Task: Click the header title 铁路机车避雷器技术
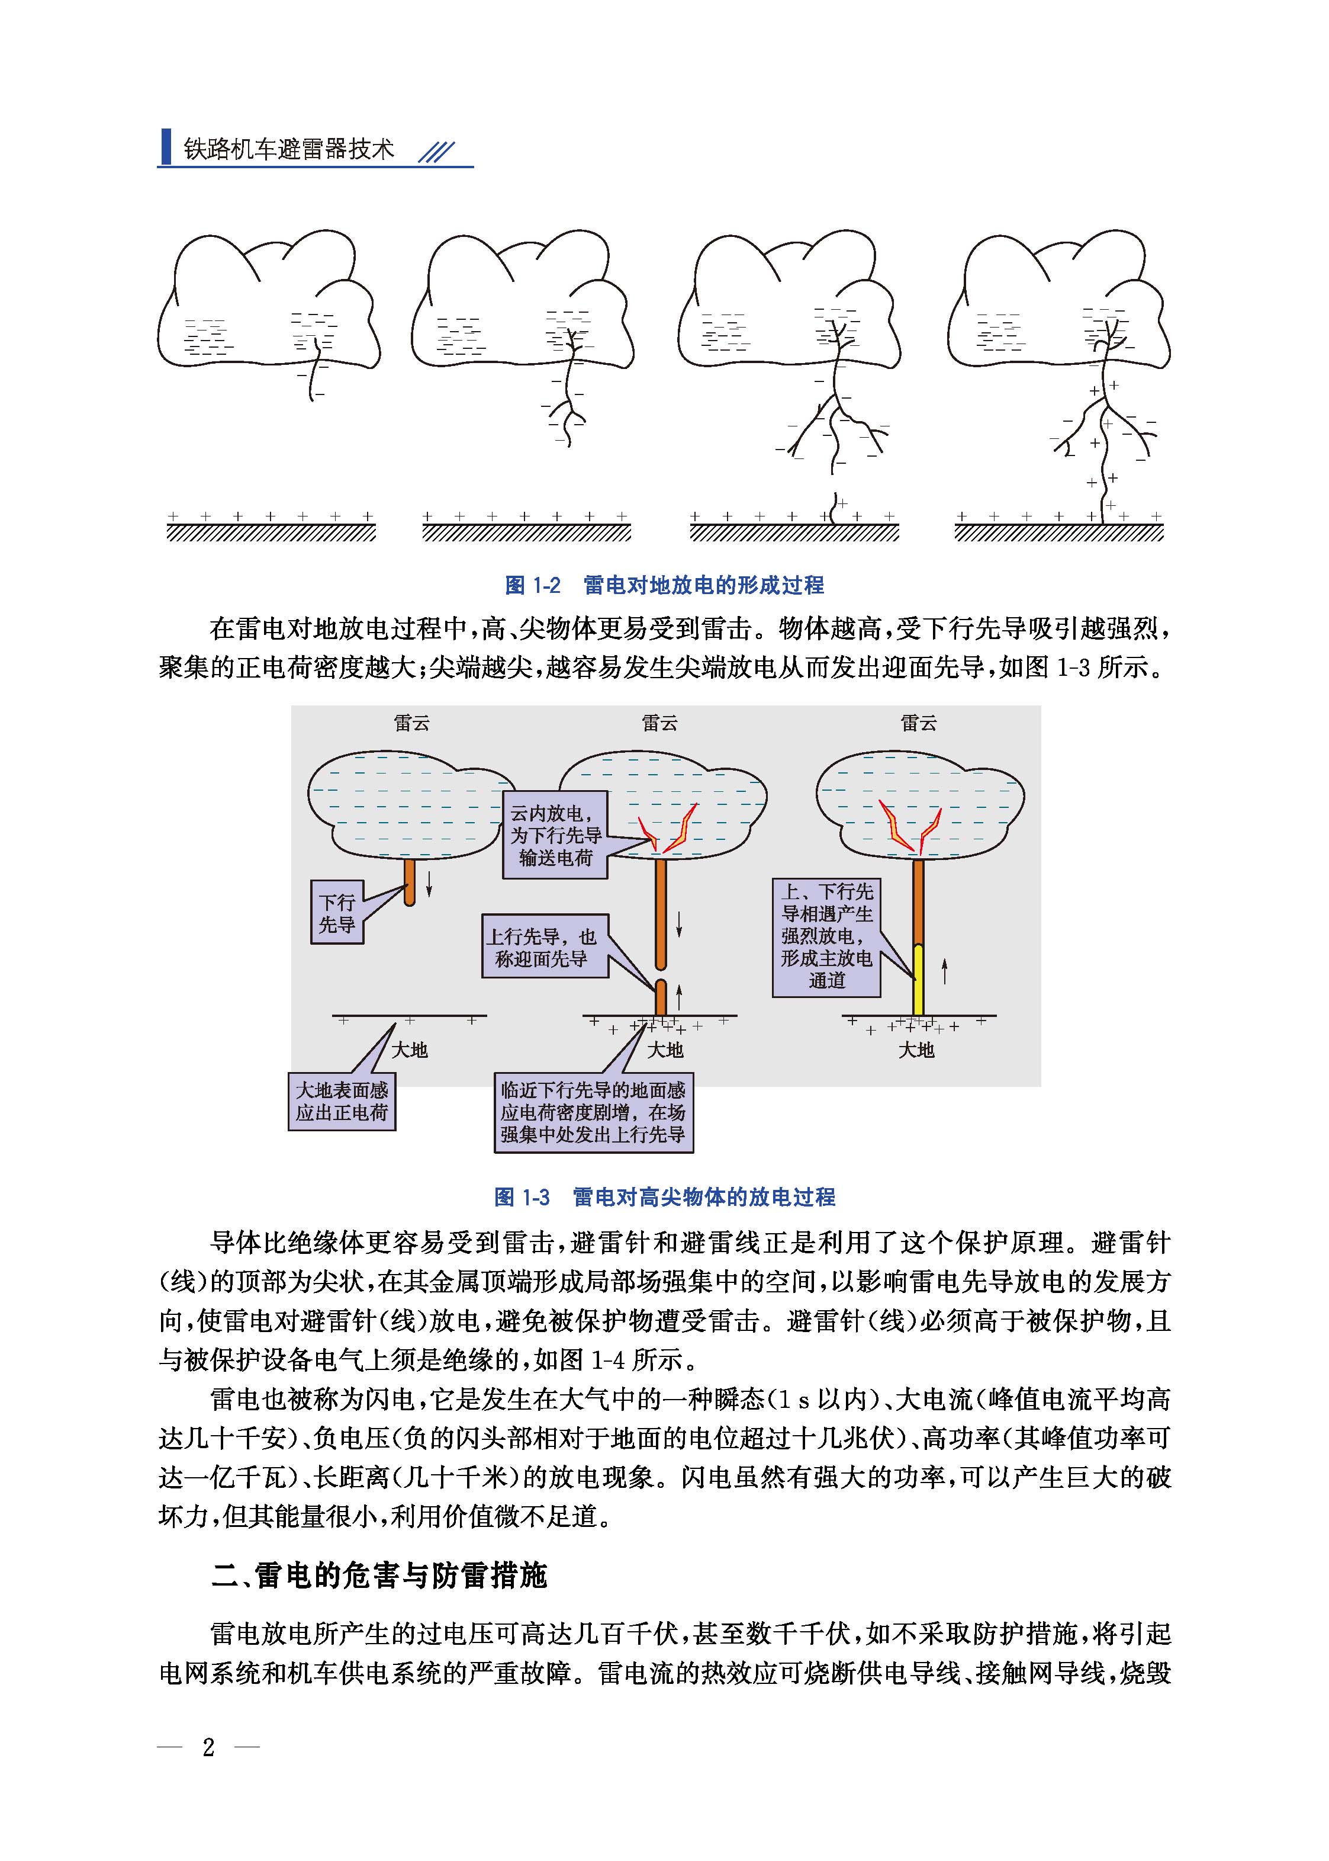click(289, 149)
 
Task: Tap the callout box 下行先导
click(336, 913)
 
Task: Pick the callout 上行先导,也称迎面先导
click(545, 946)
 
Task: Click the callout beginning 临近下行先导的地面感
click(593, 1112)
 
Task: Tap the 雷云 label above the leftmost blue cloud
click(411, 723)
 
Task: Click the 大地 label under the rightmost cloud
click(916, 1050)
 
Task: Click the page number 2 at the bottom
click(209, 1746)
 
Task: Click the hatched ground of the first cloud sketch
click(271, 533)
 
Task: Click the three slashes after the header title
click(436, 152)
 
